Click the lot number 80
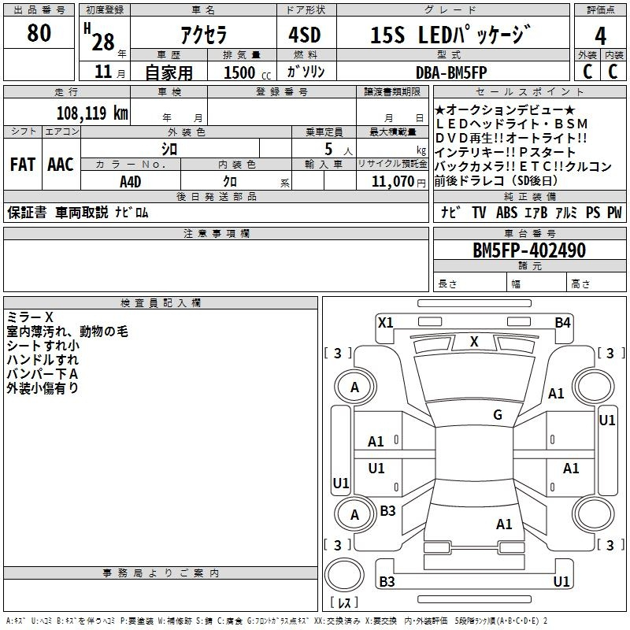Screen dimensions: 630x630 tap(39, 33)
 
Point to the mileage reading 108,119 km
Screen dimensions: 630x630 tap(92, 113)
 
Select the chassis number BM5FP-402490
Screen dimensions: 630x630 tap(528, 250)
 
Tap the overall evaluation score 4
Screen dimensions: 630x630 tap(601, 36)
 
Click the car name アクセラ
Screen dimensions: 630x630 tap(202, 34)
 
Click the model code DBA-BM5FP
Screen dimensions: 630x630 tap(452, 72)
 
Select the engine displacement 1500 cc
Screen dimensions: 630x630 tap(243, 72)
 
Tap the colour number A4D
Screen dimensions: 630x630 tap(131, 182)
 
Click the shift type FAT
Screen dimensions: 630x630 tap(22, 165)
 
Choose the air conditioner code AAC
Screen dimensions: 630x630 tap(61, 165)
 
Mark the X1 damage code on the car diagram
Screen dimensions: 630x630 tap(385, 322)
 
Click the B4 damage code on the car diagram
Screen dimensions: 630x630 tap(562, 322)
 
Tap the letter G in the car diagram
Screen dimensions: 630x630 tap(498, 415)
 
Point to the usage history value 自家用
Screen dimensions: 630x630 tap(169, 72)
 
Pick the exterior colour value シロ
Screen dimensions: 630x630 tap(169, 148)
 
